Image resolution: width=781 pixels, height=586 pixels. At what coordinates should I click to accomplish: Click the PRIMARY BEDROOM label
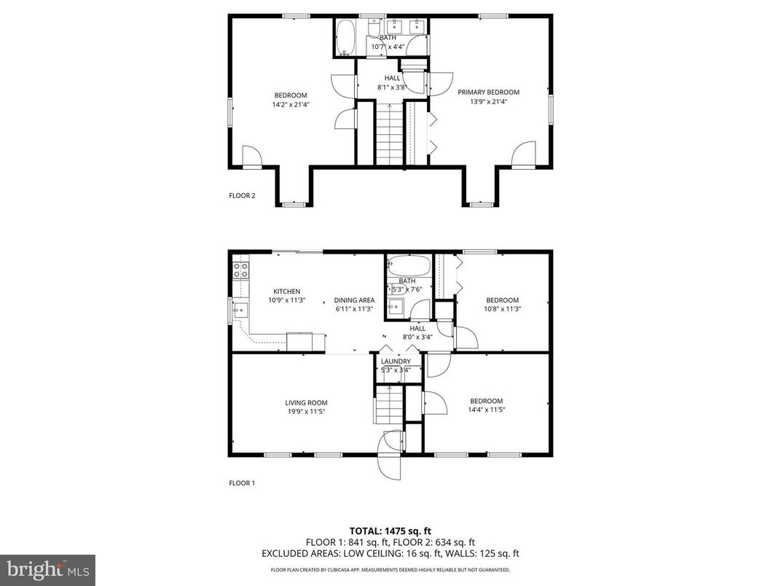point(488,93)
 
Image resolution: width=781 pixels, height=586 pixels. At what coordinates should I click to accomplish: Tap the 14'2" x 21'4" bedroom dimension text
point(290,104)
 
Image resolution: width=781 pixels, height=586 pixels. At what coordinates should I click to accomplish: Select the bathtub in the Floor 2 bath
point(345,38)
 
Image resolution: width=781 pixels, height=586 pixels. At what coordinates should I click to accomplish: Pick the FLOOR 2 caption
point(242,195)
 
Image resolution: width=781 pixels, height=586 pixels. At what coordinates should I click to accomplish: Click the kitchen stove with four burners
point(240,270)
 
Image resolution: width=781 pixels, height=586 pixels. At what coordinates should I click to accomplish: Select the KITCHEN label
point(286,292)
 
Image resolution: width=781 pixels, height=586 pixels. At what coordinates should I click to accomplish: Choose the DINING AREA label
point(354,300)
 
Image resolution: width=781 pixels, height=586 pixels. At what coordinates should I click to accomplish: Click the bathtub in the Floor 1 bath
point(408,265)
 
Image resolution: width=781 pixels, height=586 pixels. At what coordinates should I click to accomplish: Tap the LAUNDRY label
point(396,362)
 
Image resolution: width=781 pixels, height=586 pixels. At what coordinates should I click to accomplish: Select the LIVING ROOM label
point(306,402)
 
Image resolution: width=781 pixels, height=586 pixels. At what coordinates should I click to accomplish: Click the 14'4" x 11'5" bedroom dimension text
point(486,410)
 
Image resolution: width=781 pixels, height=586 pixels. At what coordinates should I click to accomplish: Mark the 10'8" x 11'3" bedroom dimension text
point(503,309)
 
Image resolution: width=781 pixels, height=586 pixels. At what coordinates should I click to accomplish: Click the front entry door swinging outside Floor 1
point(390,459)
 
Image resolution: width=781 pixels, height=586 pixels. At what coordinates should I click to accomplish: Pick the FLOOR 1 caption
point(242,483)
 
